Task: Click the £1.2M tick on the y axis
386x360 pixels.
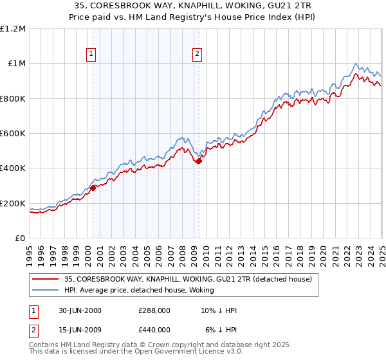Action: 13,28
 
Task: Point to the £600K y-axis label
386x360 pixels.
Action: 13,134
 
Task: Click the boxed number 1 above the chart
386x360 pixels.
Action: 92,55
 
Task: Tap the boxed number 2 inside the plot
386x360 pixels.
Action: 197,55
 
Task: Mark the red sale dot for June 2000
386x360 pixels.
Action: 93,188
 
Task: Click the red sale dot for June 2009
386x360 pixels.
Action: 199,161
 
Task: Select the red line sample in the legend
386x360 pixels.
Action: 44,279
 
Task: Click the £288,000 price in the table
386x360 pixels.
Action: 154,310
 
